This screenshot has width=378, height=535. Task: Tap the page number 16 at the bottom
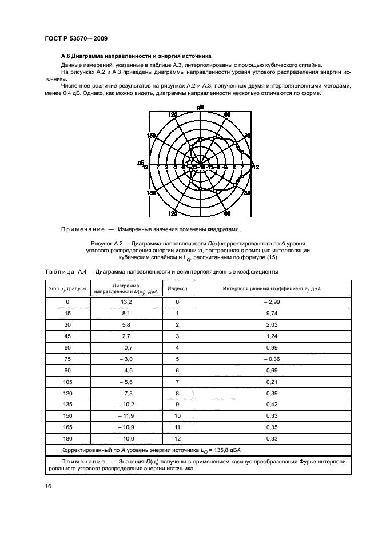(x=48, y=486)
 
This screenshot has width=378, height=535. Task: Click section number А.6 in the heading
(x=67, y=56)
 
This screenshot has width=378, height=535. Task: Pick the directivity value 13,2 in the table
(x=126, y=301)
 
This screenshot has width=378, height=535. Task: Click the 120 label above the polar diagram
(x=173, y=115)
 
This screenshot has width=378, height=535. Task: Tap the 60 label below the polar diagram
(x=227, y=213)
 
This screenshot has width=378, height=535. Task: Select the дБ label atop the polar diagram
(x=200, y=107)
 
